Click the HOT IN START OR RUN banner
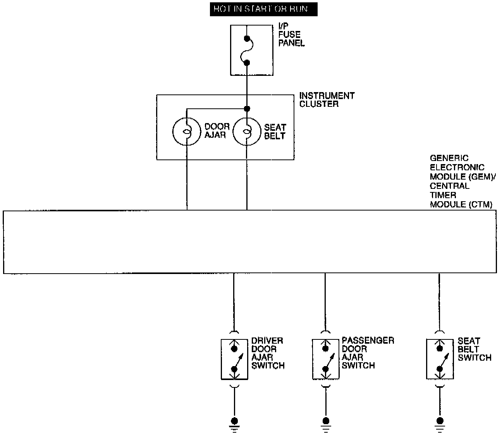(263, 9)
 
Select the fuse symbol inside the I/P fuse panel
(247, 50)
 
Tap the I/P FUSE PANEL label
(291, 35)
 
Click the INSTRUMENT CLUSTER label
(327, 99)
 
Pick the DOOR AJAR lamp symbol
(187, 132)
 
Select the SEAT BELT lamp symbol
(247, 132)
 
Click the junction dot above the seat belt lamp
(247, 108)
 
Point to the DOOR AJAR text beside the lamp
(217, 131)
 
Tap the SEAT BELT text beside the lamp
(275, 132)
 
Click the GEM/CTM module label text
(460, 181)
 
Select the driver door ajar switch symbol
(234, 359)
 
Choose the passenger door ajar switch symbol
(325, 359)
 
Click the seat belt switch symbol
(440, 359)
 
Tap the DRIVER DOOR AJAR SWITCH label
(268, 353)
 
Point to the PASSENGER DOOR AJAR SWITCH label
(367, 353)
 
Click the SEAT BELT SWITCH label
(474, 349)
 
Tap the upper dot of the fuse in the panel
(247, 38)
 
